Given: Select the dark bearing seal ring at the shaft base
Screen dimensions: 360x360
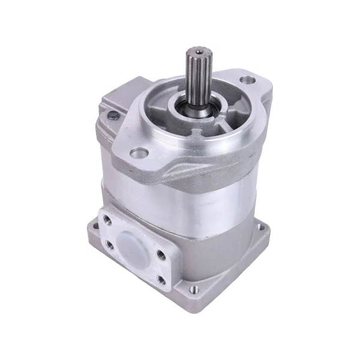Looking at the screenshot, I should [x=180, y=110].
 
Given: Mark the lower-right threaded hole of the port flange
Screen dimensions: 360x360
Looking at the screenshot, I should [x=160, y=278].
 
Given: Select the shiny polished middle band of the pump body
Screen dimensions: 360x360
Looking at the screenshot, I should [x=198, y=198].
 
